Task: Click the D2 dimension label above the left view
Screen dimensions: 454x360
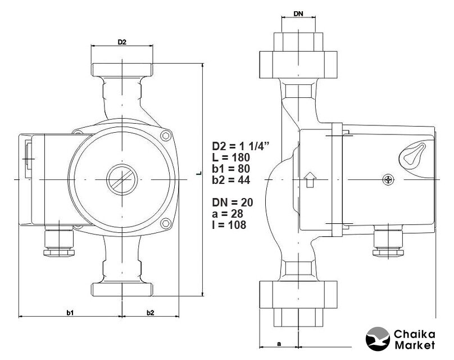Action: pyautogui.click(x=122, y=42)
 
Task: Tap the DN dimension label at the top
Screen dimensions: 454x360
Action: pyautogui.click(x=298, y=13)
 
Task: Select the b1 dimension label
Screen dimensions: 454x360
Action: pyautogui.click(x=70, y=312)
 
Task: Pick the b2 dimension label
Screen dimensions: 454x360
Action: pyautogui.click(x=150, y=312)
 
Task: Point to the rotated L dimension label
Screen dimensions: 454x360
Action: pyautogui.click(x=199, y=173)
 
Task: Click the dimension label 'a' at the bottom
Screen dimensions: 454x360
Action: pyautogui.click(x=279, y=344)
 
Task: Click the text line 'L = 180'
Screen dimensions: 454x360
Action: pyautogui.click(x=231, y=157)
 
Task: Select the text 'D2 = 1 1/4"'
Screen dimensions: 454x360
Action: pyautogui.click(x=241, y=146)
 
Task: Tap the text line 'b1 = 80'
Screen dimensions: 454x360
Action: pyautogui.click(x=231, y=169)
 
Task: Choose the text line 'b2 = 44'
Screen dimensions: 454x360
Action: pyautogui.click(x=231, y=180)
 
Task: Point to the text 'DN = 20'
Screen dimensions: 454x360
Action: pyautogui.click(x=233, y=202)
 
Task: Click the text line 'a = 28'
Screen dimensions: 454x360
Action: pyautogui.click(x=228, y=214)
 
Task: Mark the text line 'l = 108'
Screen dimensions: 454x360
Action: pyautogui.click(x=229, y=225)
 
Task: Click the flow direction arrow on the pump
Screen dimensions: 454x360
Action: pyautogui.click(x=310, y=179)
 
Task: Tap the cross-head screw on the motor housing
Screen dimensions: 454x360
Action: pyautogui.click(x=388, y=180)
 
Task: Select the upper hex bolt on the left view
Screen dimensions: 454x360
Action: pyautogui.click(x=166, y=136)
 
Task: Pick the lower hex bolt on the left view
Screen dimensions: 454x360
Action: pyautogui.click(x=166, y=223)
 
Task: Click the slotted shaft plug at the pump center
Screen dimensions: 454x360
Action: pyautogui.click(x=122, y=179)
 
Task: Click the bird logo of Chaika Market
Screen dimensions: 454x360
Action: pyautogui.click(x=378, y=339)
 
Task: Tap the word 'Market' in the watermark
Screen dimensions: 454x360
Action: pyautogui.click(x=415, y=345)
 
